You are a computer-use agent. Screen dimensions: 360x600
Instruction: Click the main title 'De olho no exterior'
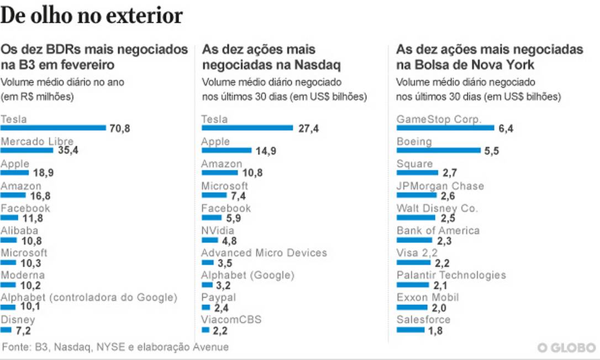(x=92, y=16)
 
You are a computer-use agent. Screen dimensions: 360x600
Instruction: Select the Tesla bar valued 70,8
(x=53, y=128)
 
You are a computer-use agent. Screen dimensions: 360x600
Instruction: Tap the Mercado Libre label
(x=37, y=141)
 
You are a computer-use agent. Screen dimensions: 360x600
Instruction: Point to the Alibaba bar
(x=9, y=240)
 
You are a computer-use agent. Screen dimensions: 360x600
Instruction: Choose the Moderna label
(x=23, y=275)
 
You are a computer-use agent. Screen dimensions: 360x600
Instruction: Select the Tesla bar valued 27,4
(x=247, y=128)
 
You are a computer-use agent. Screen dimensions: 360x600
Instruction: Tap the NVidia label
(x=218, y=231)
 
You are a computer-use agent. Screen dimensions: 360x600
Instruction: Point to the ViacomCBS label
(x=231, y=320)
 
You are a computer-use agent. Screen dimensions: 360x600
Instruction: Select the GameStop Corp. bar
(x=445, y=128)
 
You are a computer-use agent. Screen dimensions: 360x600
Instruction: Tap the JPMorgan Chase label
(x=440, y=186)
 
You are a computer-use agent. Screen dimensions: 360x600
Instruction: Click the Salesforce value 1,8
(x=435, y=330)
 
